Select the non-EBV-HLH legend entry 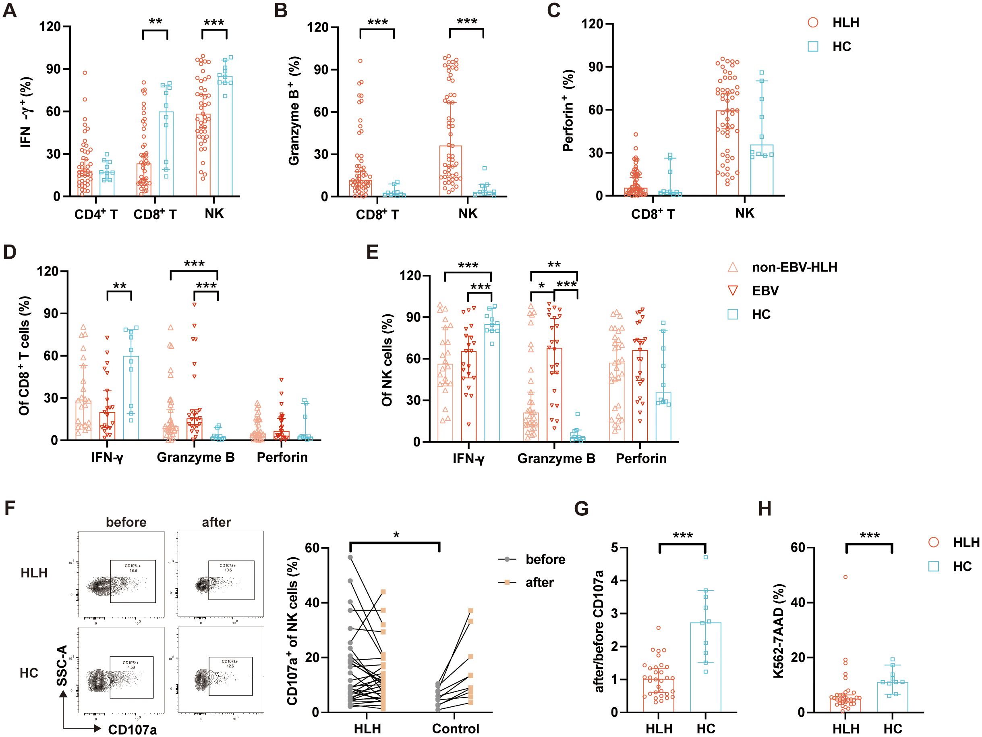(794, 268)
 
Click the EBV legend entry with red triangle (765, 291)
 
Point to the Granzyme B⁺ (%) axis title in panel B (294, 111)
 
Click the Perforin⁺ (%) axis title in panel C (569, 111)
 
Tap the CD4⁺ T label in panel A (95, 214)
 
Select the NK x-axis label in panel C (744, 213)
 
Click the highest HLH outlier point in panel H (846, 577)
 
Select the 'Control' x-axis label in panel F (456, 729)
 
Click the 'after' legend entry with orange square (539, 582)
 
